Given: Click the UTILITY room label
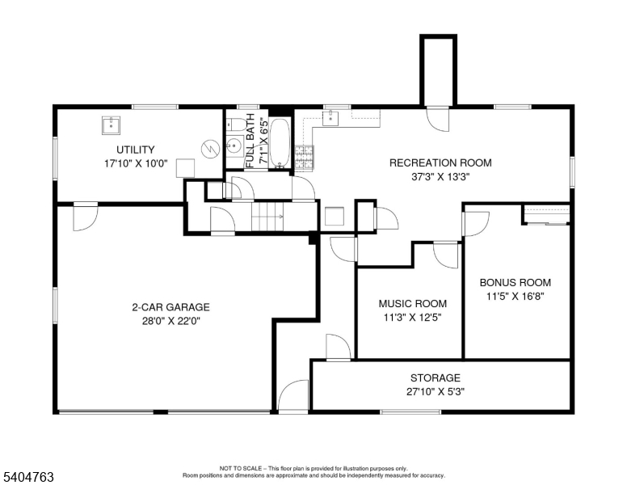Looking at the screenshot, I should tap(135, 150).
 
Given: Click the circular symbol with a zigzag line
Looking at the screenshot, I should tap(210, 149).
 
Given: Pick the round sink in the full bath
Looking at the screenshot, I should tap(234, 146).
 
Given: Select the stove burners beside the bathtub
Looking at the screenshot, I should tap(304, 156).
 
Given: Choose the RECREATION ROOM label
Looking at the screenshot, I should tap(440, 162).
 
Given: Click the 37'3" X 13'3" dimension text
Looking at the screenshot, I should tap(440, 175).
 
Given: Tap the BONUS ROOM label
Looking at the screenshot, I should tap(515, 283).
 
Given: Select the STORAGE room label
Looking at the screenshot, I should tap(435, 377).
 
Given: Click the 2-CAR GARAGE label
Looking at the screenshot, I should tap(170, 307).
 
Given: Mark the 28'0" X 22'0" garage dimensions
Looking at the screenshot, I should tap(170, 320).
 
